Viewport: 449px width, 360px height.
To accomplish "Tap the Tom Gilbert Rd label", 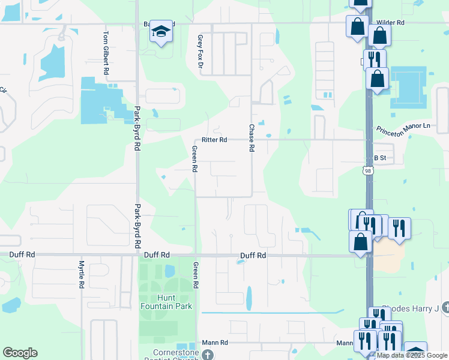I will point(106,53).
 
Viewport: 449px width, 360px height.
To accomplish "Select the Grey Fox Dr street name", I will point(200,51).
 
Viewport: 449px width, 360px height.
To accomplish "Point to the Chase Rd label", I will point(252,137).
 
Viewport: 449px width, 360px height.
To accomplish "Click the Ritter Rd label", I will point(214,139).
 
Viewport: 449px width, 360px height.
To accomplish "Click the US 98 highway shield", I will point(367,172).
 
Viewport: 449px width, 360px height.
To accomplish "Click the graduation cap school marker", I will point(161,31).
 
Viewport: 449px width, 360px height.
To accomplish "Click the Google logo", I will point(20,353).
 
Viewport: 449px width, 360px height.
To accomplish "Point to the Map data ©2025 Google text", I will point(412,355).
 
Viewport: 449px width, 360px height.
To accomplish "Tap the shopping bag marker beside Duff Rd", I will point(360,242).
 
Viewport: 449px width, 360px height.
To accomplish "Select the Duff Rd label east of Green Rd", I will point(253,255).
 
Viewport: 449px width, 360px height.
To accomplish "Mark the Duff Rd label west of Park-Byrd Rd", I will point(22,254).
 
